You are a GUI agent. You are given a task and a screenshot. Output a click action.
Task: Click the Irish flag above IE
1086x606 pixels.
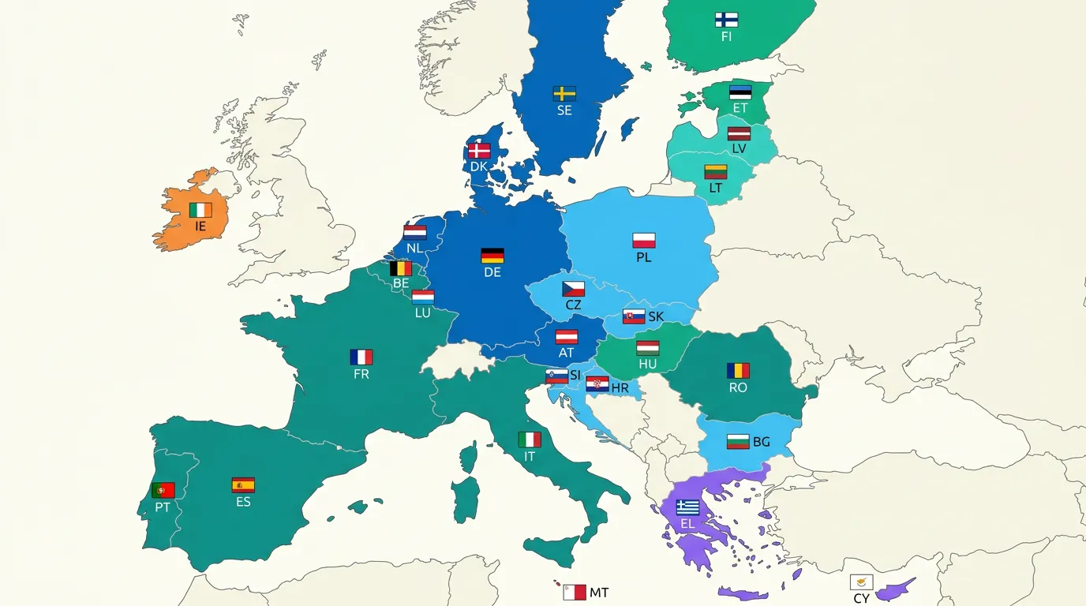click(x=200, y=210)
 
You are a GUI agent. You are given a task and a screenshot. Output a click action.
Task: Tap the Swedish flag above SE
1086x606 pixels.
click(x=564, y=94)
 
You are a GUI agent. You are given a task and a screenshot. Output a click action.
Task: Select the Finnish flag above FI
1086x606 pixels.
click(x=726, y=20)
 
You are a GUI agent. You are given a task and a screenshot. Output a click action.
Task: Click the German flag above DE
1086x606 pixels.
click(x=492, y=256)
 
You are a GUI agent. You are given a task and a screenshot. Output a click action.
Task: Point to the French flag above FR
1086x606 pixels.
click(x=361, y=357)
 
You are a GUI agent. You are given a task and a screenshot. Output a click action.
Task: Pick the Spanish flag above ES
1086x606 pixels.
click(x=243, y=485)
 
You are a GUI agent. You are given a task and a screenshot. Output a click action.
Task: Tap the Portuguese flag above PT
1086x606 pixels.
click(x=163, y=490)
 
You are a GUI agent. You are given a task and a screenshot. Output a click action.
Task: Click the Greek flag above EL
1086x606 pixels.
click(x=687, y=507)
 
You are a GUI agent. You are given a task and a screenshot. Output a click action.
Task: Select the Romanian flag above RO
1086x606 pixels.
click(x=738, y=371)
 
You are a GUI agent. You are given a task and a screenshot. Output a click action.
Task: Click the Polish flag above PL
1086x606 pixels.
click(x=644, y=241)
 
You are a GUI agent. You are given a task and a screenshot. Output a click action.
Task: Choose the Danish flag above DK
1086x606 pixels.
click(x=479, y=151)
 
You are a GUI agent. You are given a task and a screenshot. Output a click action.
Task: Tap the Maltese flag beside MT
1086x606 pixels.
click(x=575, y=592)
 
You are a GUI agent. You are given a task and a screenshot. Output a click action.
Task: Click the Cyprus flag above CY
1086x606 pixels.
click(x=861, y=582)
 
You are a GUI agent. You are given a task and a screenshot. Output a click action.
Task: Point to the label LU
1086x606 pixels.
click(x=423, y=313)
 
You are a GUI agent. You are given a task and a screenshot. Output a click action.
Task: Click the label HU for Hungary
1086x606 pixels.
click(x=648, y=365)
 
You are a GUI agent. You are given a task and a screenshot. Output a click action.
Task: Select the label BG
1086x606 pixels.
click(x=761, y=442)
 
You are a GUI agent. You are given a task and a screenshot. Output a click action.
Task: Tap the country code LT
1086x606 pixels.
click(x=715, y=188)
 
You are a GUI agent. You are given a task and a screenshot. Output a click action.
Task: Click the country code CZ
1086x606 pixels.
click(x=573, y=305)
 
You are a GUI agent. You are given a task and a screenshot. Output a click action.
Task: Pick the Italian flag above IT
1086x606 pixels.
click(x=530, y=440)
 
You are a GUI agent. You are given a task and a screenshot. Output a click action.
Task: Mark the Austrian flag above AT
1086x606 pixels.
click(x=567, y=337)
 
